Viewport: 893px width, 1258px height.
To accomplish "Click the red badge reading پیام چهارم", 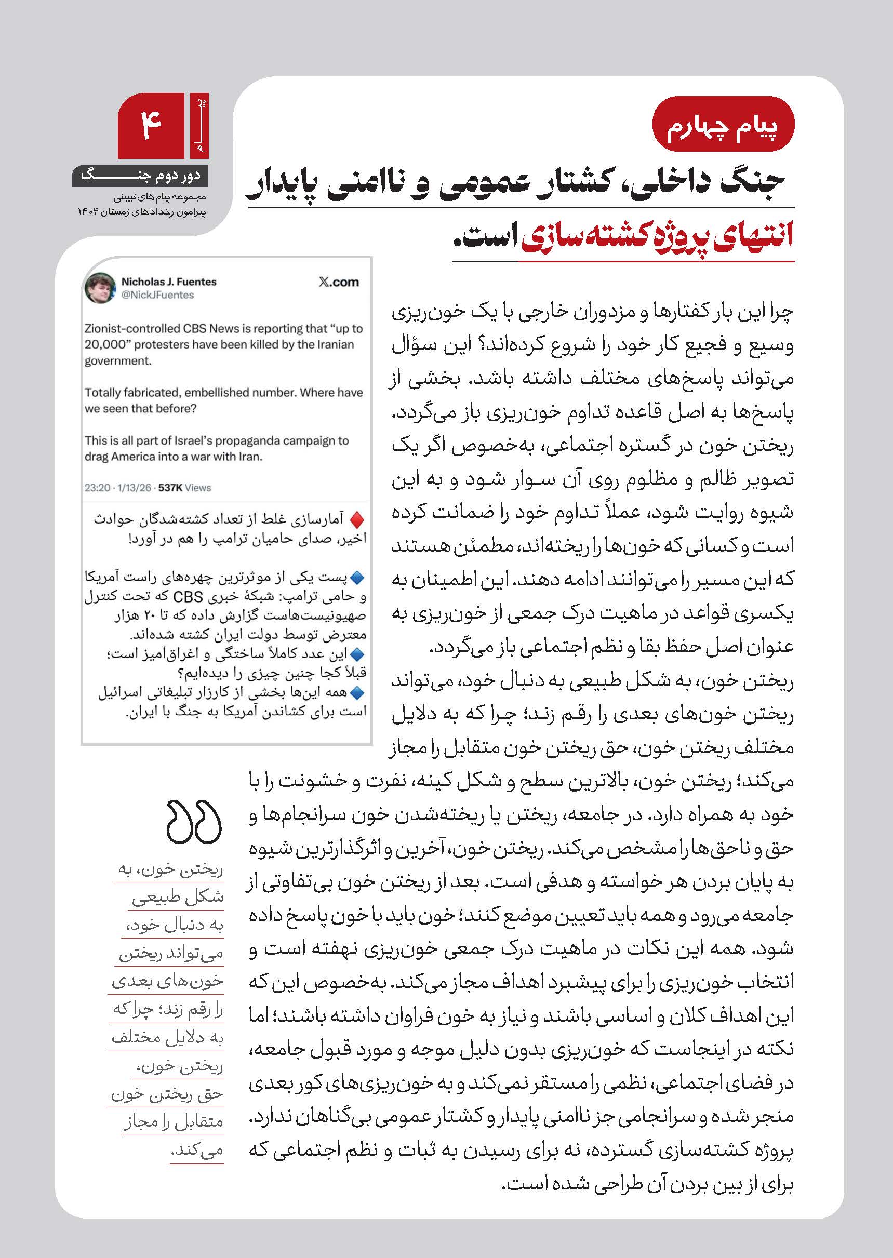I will [x=723, y=124].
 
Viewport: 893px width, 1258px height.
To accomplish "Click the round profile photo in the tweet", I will [x=100, y=288].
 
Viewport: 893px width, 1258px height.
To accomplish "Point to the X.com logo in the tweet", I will [x=338, y=282].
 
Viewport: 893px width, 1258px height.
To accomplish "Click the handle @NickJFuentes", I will [x=157, y=295].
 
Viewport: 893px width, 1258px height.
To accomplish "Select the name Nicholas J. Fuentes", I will [x=169, y=282].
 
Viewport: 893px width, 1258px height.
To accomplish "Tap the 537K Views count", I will [x=184, y=488].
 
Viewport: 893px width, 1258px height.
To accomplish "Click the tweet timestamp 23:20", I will [x=97, y=488].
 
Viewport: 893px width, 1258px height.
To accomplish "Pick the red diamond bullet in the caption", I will [x=357, y=519].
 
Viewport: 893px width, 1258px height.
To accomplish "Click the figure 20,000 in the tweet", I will [x=105, y=345].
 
